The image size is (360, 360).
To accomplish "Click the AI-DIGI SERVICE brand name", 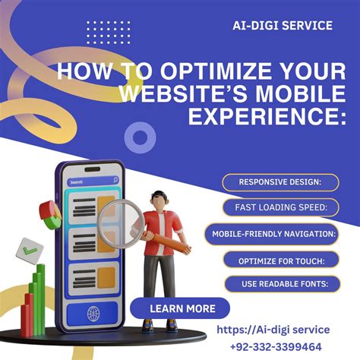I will (x=282, y=26).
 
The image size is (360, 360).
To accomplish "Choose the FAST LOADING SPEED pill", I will (x=280, y=207).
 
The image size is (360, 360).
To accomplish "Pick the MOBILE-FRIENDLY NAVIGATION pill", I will (x=281, y=234).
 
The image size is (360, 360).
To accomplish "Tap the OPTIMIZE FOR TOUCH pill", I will (x=280, y=261).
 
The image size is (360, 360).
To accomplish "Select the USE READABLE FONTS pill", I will (x=280, y=285).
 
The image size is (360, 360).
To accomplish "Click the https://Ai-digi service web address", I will (x=273, y=330).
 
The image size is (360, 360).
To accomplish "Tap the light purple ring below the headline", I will (x=139, y=137).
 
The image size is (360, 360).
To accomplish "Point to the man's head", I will (x=159, y=199).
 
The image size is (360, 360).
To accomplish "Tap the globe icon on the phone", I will (x=93, y=313).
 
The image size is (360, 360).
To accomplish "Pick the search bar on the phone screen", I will (x=93, y=182).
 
